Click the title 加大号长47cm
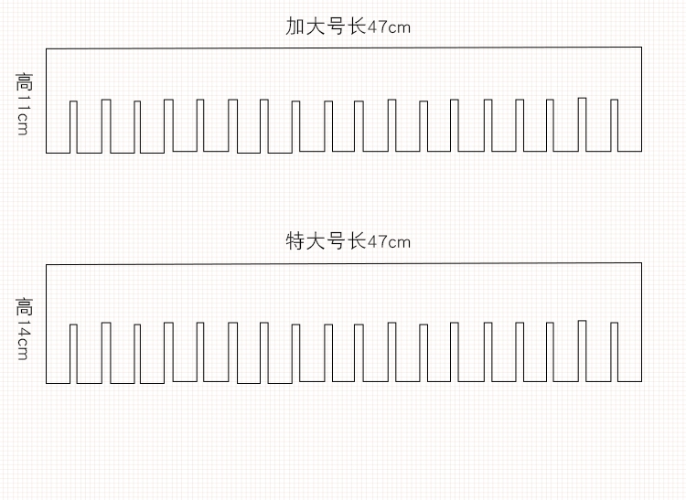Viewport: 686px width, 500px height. click(x=348, y=27)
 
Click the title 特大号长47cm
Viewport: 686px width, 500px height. click(x=348, y=241)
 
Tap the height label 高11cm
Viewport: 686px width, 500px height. click(x=24, y=103)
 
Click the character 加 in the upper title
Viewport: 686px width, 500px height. click(x=295, y=27)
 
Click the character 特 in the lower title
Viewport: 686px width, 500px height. click(x=295, y=241)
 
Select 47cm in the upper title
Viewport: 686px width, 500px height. click(x=389, y=27)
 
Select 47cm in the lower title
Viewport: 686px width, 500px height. click(x=389, y=242)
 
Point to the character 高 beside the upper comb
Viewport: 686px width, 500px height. click(x=24, y=82)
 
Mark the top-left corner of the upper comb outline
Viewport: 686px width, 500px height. click(x=47, y=48)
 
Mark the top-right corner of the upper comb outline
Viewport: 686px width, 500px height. click(x=641, y=48)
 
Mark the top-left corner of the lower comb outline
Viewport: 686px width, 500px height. click(x=47, y=264)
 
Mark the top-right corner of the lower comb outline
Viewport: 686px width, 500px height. click(x=641, y=263)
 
